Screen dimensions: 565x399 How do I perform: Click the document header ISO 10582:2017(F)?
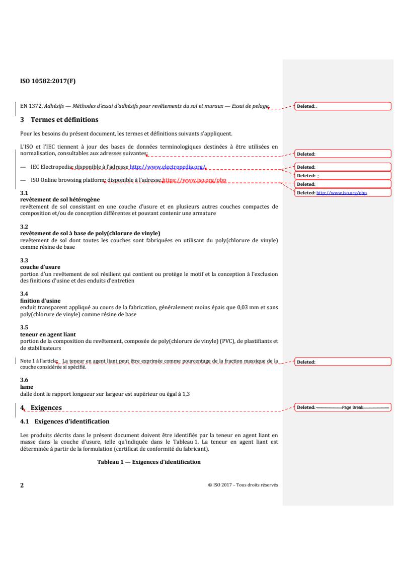coord(48,80)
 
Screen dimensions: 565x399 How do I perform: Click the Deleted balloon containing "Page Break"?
coord(343,407)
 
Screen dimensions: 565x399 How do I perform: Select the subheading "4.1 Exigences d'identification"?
coord(65,421)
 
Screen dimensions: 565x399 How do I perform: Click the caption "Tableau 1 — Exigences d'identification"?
coord(148,462)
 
